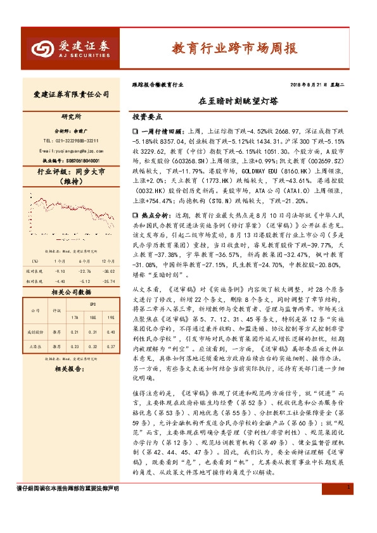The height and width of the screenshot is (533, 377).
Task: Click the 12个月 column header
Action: tap(108, 260)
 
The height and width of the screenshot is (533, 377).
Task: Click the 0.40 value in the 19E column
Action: tap(111, 332)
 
